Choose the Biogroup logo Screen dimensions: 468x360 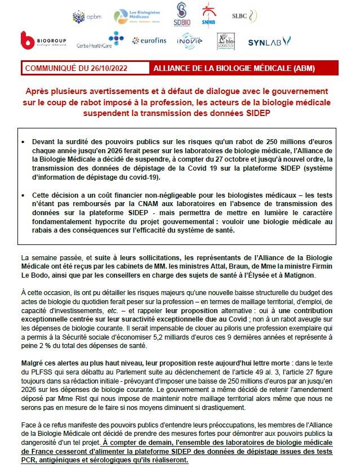42,41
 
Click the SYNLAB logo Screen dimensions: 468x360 269,40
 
